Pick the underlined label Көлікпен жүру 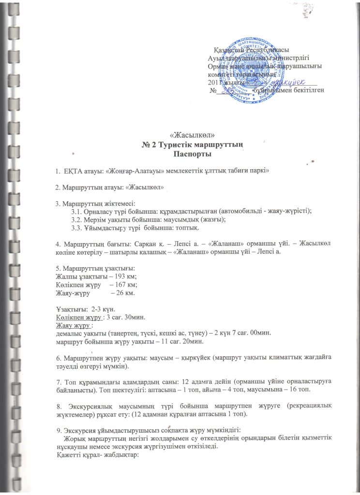click(79, 317)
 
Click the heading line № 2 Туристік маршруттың click(193, 145)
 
